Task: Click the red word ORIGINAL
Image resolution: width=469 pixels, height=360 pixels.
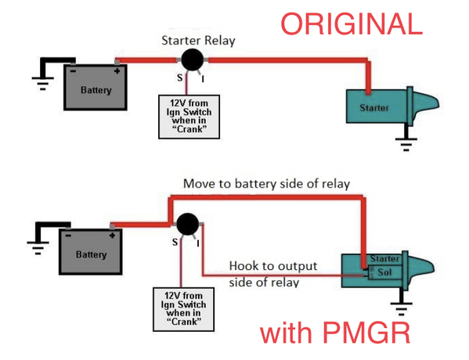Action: pyautogui.click(x=352, y=24)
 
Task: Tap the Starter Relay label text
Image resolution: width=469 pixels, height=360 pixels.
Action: pyautogui.click(x=198, y=41)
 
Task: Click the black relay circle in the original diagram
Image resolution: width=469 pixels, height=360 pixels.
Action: pyautogui.click(x=193, y=59)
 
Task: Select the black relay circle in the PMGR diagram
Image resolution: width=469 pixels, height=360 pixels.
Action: pyautogui.click(x=188, y=225)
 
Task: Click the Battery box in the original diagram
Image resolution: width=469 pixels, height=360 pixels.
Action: pyautogui.click(x=96, y=87)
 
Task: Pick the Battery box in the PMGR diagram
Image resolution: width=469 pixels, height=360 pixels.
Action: pyautogui.click(x=91, y=252)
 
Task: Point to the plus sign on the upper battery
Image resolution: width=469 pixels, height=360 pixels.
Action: pyautogui.click(x=117, y=71)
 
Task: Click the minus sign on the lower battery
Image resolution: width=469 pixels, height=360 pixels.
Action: pyautogui.click(x=68, y=236)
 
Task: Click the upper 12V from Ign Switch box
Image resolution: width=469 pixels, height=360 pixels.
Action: pyautogui.click(x=189, y=117)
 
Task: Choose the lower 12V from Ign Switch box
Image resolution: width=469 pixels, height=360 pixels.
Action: pyautogui.click(x=184, y=309)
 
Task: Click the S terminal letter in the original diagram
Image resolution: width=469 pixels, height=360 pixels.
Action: pyautogui.click(x=179, y=77)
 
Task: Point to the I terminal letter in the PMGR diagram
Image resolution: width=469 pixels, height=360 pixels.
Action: pyautogui.click(x=198, y=244)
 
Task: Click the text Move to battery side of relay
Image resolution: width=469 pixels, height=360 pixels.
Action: pyautogui.click(x=266, y=184)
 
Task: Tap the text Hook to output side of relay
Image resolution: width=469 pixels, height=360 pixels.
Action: pyautogui.click(x=273, y=274)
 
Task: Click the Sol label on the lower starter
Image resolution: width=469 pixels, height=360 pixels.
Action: pyautogui.click(x=384, y=272)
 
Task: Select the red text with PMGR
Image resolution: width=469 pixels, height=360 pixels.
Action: pyautogui.click(x=335, y=332)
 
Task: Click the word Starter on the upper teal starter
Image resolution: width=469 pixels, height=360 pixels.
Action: pyautogui.click(x=374, y=108)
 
